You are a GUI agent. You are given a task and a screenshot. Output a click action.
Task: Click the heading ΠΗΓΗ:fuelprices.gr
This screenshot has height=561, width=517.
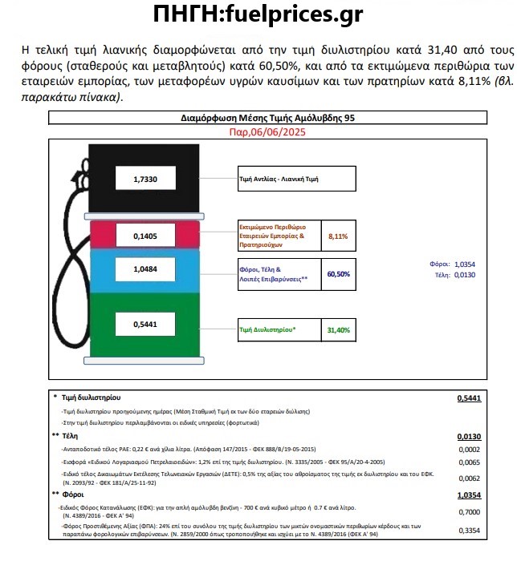point(258,14)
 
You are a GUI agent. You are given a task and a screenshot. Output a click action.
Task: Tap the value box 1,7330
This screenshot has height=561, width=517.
point(145,180)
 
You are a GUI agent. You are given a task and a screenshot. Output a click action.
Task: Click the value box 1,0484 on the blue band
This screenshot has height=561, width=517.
point(145,271)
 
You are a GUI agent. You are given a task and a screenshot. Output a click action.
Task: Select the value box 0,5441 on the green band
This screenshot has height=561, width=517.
point(145,325)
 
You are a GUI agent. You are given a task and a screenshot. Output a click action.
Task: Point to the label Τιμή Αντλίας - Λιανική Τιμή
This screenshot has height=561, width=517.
point(279,180)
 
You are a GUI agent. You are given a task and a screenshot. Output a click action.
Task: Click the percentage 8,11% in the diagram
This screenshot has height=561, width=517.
point(338,236)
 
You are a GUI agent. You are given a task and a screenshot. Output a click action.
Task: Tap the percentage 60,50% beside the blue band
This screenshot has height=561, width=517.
point(338,274)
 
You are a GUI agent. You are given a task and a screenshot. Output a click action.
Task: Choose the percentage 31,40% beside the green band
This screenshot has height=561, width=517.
point(338,329)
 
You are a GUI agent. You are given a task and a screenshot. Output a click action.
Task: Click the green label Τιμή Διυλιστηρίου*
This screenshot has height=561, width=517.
point(268,329)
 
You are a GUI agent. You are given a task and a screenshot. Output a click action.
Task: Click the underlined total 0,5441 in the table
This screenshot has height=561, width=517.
point(469,398)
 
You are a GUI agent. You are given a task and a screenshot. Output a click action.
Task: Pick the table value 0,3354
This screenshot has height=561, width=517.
point(470,530)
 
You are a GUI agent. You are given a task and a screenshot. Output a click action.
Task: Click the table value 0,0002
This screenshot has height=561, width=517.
point(470,449)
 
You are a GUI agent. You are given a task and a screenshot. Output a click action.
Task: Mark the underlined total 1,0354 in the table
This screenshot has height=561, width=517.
point(469,495)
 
